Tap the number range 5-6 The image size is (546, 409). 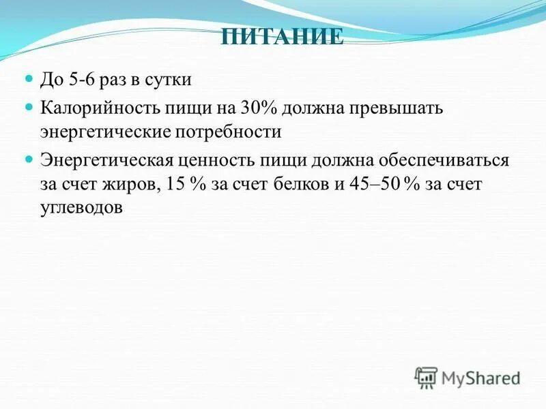83,79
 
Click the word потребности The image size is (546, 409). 225,131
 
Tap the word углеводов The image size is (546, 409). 83,208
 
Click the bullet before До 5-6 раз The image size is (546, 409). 29,79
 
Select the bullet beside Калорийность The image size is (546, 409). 29,107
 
